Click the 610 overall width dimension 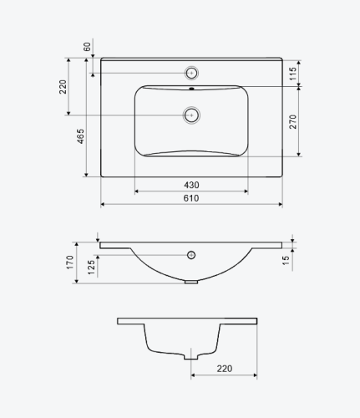pos(191,198)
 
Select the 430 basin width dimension pos(191,185)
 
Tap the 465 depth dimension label pos(80,136)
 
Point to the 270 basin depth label pos(293,121)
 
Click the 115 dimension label pos(293,74)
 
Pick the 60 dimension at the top pos(87,47)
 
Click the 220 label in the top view pos(63,87)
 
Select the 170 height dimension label pos(70,263)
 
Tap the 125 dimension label pos(91,268)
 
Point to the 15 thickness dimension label pos(286,260)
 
